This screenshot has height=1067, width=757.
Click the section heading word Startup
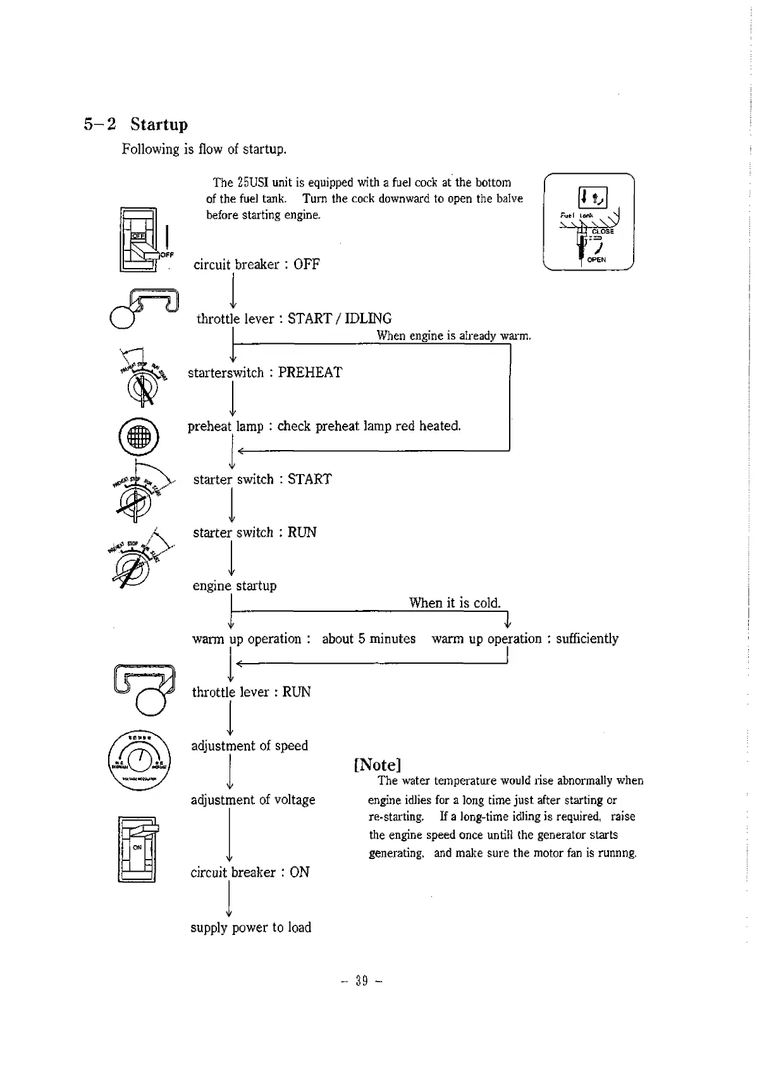(159, 124)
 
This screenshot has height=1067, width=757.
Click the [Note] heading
(378, 765)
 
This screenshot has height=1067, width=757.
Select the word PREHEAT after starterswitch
(310, 372)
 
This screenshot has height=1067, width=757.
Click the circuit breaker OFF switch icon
(139, 240)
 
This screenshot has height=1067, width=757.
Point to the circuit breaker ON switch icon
(137, 848)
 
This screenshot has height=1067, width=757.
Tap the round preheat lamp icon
(138, 437)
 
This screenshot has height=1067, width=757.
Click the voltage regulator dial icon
(139, 760)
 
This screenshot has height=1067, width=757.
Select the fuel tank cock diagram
(589, 221)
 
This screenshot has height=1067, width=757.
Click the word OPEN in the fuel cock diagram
(596, 260)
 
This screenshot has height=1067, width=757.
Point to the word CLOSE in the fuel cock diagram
(603, 231)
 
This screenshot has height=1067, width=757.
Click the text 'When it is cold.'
(454, 602)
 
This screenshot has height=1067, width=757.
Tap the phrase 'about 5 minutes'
(369, 638)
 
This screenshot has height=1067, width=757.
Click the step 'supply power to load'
(250, 927)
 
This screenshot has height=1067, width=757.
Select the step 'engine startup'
(235, 585)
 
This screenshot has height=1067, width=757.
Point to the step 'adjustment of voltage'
(253, 800)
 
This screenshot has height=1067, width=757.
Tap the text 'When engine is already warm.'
(453, 336)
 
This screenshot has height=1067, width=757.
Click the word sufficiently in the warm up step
(587, 638)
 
